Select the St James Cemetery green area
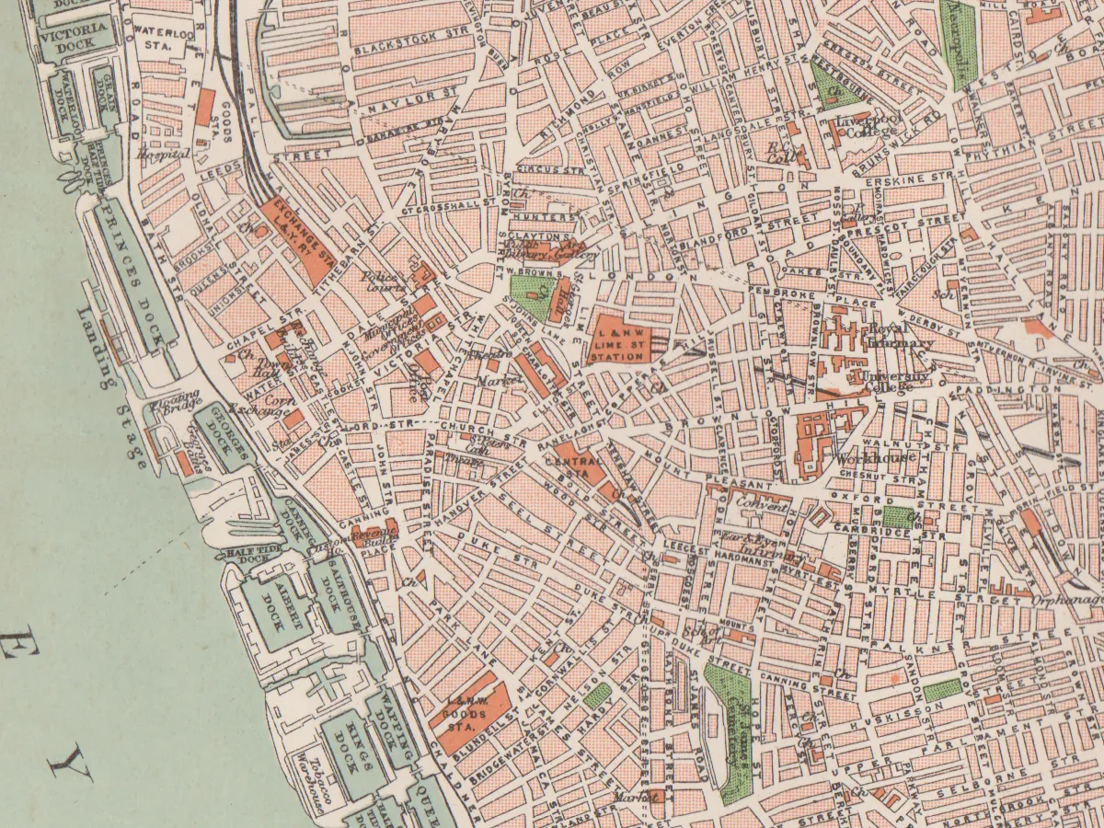731,727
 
